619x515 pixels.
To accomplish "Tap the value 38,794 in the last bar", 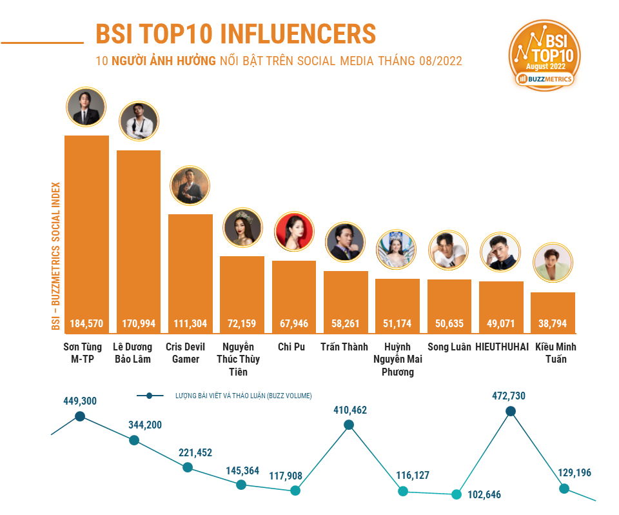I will [x=553, y=323].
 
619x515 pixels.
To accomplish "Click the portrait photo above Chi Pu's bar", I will [x=295, y=232].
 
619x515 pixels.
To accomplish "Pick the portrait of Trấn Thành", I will [x=346, y=242].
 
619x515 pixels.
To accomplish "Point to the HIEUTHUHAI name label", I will [x=501, y=347].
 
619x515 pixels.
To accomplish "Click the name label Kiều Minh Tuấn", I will [x=553, y=352].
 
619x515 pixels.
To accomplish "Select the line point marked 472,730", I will [x=511, y=411].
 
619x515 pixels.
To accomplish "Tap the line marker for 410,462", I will [x=349, y=425].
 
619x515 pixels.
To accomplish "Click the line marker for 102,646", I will [x=456, y=494].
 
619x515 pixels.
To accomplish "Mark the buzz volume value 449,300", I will [x=80, y=401].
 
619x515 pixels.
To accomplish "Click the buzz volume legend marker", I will [x=150, y=396].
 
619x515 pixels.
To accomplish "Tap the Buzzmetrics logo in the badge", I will [x=544, y=79].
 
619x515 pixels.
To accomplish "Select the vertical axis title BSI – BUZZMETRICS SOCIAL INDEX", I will [x=56, y=255].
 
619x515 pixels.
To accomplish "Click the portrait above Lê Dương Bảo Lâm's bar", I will [x=139, y=121].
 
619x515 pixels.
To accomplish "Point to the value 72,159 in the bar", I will [x=242, y=323].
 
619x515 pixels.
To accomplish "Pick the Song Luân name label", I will [x=449, y=347].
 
